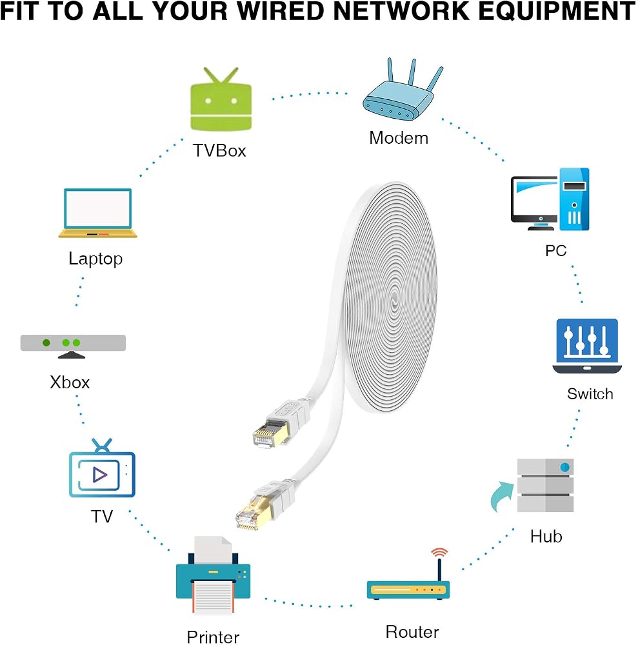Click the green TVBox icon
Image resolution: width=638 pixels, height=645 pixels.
[221, 99]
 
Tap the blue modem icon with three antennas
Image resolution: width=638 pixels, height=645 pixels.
[402, 90]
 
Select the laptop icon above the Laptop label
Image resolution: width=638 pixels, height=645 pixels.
[98, 213]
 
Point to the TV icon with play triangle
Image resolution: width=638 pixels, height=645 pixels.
[102, 469]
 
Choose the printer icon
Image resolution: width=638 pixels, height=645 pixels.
[213, 575]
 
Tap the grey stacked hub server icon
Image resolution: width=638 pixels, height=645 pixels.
[545, 486]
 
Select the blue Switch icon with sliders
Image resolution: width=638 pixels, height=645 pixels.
[587, 346]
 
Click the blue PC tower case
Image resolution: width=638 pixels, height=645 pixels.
[574, 199]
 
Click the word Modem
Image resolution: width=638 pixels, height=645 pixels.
[399, 138]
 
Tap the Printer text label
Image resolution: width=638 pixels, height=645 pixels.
[213, 637]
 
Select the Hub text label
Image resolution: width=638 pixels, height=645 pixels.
[546, 537]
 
